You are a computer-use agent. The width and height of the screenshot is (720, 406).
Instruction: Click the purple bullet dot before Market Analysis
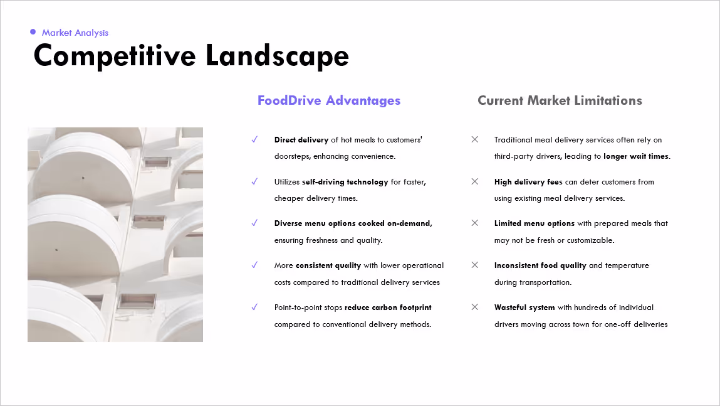tap(33, 32)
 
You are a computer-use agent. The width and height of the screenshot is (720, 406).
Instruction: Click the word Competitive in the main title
tap(115, 56)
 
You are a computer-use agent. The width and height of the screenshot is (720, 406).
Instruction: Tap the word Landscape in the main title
tap(277, 56)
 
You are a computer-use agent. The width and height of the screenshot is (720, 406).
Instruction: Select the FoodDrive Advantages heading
tap(329, 100)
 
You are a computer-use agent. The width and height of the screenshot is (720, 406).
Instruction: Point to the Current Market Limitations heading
tap(560, 100)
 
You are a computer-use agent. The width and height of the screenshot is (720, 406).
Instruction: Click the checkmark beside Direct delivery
tap(254, 139)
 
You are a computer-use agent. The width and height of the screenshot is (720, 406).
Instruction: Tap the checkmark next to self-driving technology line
tap(254, 181)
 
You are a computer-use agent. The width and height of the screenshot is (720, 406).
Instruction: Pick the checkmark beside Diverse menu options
tap(254, 223)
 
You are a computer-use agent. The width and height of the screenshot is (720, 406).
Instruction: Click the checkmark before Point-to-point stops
tap(254, 307)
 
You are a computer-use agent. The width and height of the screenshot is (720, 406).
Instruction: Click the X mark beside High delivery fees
tap(475, 181)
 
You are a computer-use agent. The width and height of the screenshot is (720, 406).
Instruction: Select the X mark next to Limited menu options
tap(475, 223)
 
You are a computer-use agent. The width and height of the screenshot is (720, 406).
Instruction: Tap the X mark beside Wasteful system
tap(475, 307)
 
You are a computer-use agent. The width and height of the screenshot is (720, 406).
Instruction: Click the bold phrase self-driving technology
tap(345, 182)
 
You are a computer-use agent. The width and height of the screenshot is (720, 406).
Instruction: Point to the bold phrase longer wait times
tap(636, 156)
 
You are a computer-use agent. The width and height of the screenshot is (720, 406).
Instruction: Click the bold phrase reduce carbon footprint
tap(388, 307)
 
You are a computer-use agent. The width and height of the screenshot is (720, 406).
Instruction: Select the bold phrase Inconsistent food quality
tap(540, 266)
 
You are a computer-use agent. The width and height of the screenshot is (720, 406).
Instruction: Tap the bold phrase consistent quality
tap(328, 266)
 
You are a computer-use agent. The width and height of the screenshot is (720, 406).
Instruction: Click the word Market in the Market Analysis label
tap(57, 33)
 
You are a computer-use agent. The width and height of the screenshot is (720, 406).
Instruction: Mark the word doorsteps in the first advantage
tap(292, 157)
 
